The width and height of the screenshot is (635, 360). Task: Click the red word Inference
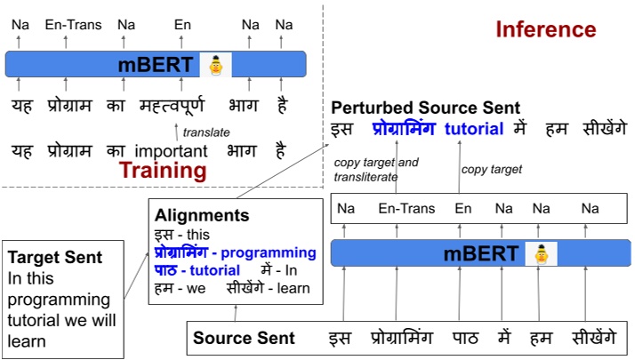[545, 29]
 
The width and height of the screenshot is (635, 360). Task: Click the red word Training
[163, 170]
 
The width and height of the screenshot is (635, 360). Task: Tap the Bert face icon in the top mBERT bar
[215, 64]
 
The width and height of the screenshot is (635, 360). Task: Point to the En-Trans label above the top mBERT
[73, 25]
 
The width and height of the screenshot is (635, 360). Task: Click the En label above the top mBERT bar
[182, 25]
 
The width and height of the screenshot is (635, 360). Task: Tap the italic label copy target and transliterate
[375, 170]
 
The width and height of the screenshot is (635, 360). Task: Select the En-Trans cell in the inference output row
[406, 209]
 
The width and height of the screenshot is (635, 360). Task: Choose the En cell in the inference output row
[462, 209]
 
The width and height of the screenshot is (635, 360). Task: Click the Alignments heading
[202, 215]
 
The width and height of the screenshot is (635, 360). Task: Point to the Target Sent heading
[55, 257]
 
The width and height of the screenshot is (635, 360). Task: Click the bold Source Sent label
[244, 339]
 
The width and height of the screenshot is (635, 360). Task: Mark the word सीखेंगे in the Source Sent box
[589, 338]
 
